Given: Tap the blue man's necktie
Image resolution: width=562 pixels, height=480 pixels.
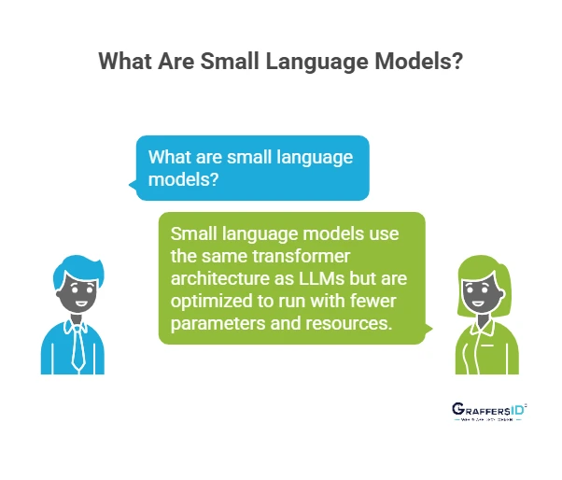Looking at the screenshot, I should tap(75, 350).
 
